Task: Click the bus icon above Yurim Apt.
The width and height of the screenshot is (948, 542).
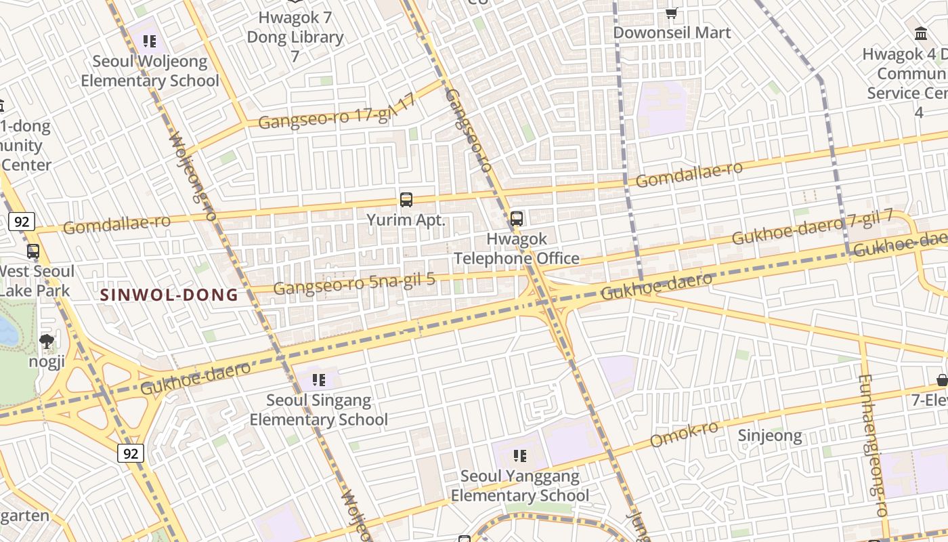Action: click(x=406, y=200)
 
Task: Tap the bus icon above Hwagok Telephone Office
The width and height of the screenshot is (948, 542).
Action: click(x=516, y=219)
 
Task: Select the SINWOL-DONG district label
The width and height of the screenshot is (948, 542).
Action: click(x=169, y=295)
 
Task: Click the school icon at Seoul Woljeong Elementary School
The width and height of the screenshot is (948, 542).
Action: click(x=150, y=41)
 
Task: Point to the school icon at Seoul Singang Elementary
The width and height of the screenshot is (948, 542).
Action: click(x=318, y=379)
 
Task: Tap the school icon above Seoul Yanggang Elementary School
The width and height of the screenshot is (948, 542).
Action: click(x=519, y=455)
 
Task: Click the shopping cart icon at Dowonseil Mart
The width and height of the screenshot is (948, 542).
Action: click(x=671, y=13)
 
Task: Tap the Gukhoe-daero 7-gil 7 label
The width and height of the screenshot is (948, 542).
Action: click(x=812, y=228)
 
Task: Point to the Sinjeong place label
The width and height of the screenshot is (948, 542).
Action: click(x=769, y=436)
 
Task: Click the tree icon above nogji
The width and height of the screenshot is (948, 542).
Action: click(x=47, y=341)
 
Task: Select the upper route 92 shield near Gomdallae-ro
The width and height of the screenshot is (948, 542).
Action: click(x=22, y=222)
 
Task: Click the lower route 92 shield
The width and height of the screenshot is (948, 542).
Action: click(x=130, y=453)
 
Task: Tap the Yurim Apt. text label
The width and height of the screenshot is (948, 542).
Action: click(x=406, y=220)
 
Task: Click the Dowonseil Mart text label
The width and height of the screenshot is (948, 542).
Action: click(x=672, y=33)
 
